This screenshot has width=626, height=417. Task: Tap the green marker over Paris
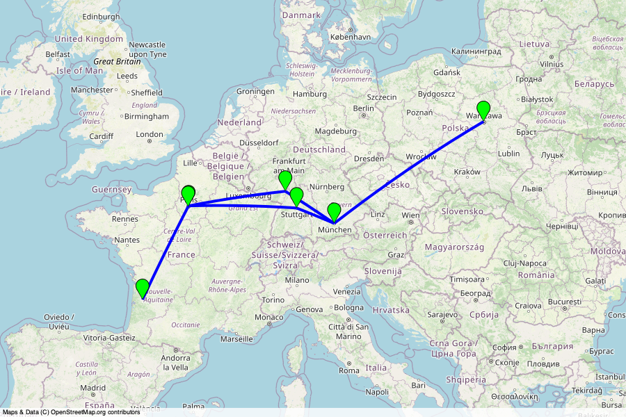(x=188, y=195)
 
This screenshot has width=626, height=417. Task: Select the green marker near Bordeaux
(x=142, y=288)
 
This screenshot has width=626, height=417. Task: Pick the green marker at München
(x=334, y=211)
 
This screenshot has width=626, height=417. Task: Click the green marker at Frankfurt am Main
(x=284, y=179)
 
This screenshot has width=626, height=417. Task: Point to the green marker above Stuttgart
(x=296, y=196)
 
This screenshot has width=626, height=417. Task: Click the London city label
(x=150, y=135)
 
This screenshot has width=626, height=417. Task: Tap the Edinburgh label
(x=101, y=16)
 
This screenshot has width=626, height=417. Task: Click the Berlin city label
(x=363, y=108)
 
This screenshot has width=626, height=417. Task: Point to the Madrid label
(x=93, y=388)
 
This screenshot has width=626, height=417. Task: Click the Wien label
(x=411, y=215)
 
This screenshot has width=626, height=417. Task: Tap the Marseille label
(x=236, y=339)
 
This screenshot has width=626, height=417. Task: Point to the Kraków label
(x=467, y=172)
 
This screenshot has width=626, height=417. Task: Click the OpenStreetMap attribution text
(x=71, y=412)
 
